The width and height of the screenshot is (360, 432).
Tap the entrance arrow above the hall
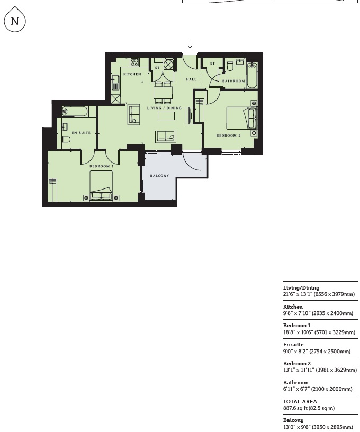click(x=190, y=45)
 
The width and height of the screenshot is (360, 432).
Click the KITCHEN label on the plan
click(x=132, y=74)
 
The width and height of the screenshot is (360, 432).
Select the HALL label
click(x=191, y=79)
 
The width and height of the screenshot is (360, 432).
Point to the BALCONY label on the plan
click(x=159, y=176)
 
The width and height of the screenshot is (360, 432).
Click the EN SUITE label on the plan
click(x=81, y=133)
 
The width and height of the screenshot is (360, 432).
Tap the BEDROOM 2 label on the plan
click(x=229, y=136)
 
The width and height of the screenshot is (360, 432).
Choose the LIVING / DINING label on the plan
click(x=164, y=108)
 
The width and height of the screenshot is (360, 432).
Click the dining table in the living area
click(x=163, y=93)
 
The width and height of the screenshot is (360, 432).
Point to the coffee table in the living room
click(x=166, y=116)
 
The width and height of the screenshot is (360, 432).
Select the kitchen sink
click(x=115, y=83)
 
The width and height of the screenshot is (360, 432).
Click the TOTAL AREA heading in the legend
click(x=300, y=401)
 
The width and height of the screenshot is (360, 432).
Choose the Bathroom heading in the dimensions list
click(x=295, y=382)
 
